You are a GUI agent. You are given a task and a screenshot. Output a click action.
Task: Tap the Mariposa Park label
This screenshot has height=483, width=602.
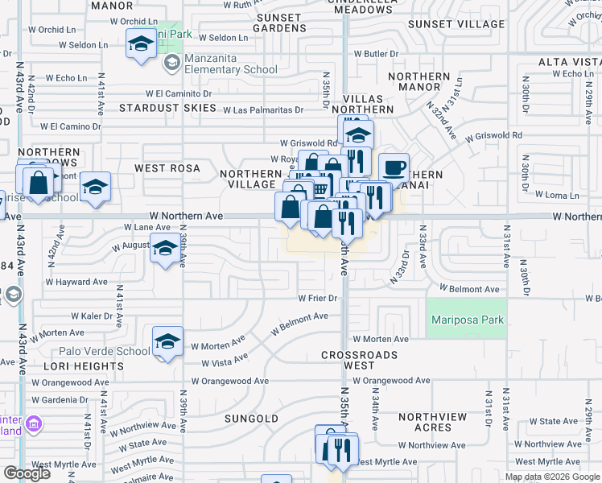tap(468, 320)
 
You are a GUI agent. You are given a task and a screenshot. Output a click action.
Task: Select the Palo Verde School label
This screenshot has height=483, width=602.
tap(104, 351)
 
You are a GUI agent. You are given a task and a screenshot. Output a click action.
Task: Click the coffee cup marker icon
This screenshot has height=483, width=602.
tap(394, 167)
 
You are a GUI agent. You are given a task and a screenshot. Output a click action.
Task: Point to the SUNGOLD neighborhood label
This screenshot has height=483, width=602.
tap(251, 419)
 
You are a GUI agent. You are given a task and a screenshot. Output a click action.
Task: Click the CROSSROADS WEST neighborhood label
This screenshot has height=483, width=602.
tap(359, 360)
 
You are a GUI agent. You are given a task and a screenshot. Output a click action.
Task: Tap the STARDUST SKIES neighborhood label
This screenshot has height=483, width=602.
tap(167, 107)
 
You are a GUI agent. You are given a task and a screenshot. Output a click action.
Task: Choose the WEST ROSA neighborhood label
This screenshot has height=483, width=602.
tap(167, 168)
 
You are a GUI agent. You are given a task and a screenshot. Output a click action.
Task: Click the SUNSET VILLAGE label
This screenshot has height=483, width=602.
tap(456, 24)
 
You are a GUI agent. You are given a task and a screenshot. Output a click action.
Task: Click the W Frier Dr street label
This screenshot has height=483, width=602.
tap(317, 298)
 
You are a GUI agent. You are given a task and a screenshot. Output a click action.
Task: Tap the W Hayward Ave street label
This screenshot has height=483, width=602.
tap(76, 283)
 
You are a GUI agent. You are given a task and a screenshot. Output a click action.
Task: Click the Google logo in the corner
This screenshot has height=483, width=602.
tap(27, 473)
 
